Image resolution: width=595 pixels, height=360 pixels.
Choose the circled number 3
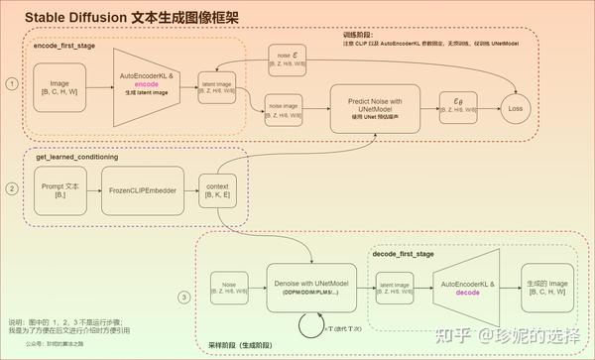(183, 297)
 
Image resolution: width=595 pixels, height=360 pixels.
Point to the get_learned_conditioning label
(77, 158)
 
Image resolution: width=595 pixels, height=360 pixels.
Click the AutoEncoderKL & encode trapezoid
(148, 85)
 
